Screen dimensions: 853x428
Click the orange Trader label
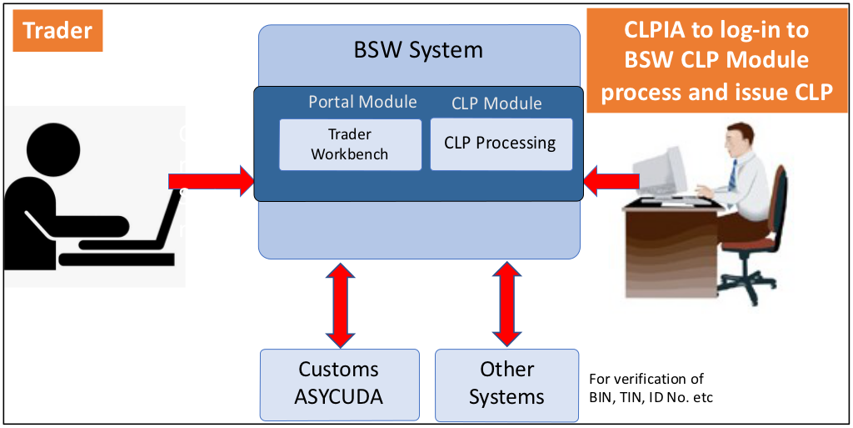(57, 31)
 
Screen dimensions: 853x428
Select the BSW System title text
(418, 50)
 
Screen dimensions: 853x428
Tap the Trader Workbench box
(351, 145)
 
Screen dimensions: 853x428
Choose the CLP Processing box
(501, 144)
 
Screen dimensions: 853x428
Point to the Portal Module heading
(363, 102)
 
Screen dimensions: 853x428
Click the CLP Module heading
(496, 103)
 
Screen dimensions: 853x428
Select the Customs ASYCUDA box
(340, 385)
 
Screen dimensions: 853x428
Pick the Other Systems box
(507, 385)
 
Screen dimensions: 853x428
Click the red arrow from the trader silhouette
(211, 181)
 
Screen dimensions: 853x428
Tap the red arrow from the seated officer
(611, 181)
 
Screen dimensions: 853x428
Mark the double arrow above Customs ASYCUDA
(340, 305)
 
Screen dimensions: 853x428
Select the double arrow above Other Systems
(507, 305)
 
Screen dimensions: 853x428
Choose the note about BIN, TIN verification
(651, 388)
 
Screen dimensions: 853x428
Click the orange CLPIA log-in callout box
(716, 60)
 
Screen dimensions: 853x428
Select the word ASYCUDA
(339, 396)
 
